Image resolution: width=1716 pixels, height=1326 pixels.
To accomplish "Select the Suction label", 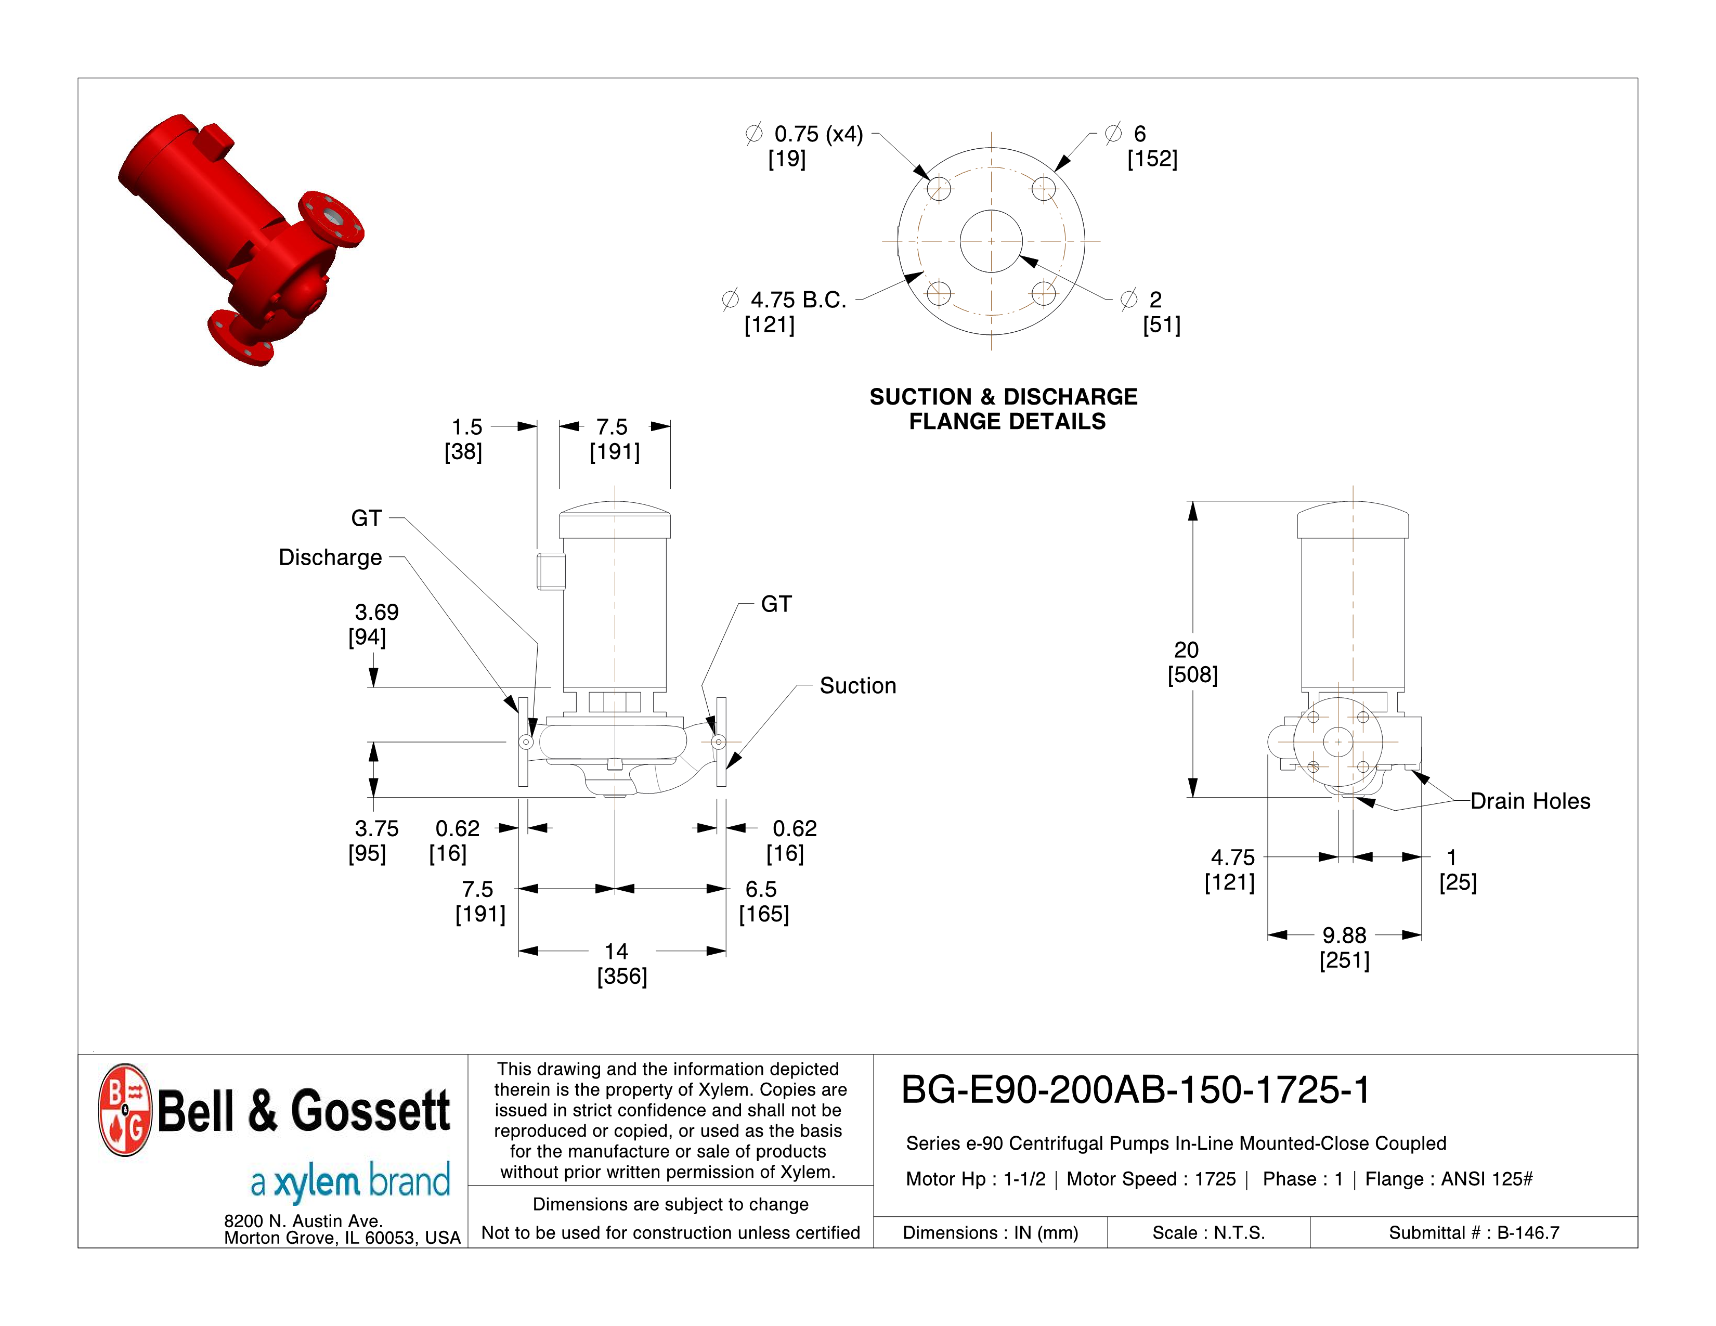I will coord(857,686).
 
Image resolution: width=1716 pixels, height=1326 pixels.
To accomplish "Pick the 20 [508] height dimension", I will coord(1191,661).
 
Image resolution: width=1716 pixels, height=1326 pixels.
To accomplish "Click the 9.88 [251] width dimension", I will coord(1344,947).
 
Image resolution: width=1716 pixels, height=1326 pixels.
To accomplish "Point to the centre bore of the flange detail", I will coord(991,241).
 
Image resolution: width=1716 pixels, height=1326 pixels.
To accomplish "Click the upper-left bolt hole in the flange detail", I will coord(939,189).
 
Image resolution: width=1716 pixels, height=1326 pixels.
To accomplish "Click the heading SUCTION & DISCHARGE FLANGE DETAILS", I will coord(1004,409).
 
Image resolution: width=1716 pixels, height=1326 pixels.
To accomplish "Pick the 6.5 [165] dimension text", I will coord(762,901).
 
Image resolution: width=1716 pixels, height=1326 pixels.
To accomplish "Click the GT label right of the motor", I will coord(775,604).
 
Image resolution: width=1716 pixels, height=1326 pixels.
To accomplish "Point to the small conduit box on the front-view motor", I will coord(551,571).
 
